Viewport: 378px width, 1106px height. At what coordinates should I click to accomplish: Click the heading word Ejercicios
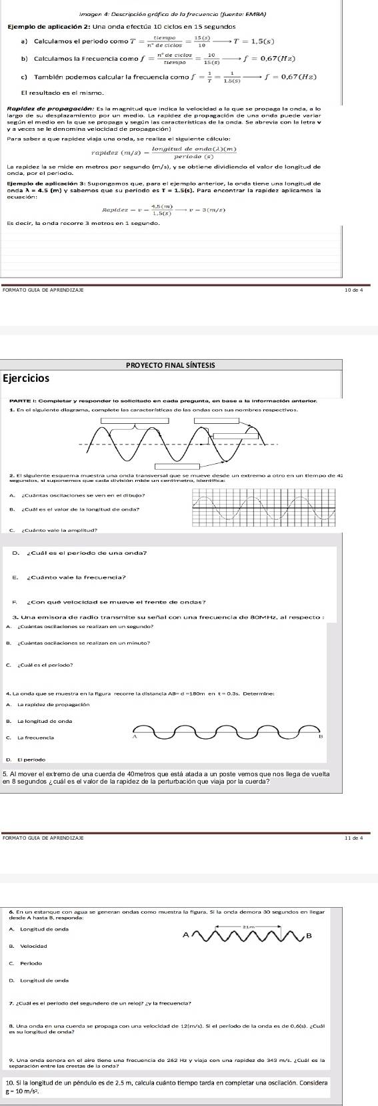coord(26,378)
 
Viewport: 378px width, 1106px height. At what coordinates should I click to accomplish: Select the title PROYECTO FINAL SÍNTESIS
coord(189,364)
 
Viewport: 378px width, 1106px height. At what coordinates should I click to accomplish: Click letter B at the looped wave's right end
coord(320,737)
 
